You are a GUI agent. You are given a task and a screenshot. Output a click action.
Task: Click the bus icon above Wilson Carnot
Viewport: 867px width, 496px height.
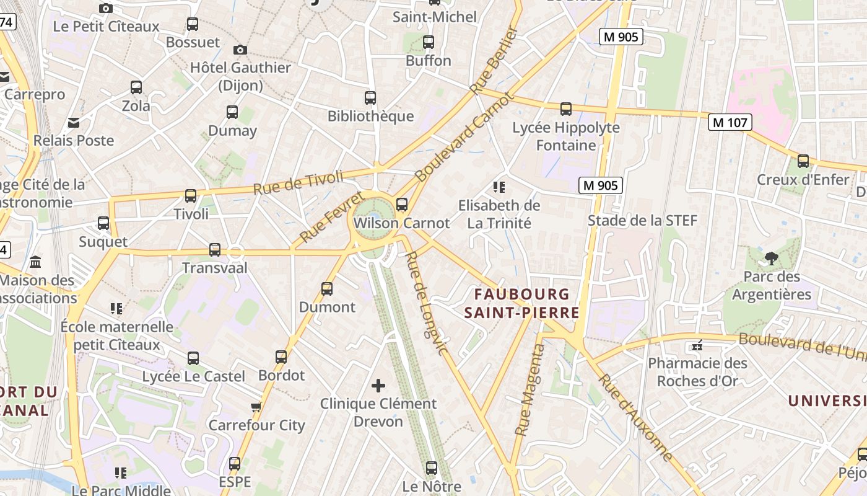point(402,204)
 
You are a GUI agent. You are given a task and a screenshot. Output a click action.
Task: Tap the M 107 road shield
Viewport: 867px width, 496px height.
point(730,122)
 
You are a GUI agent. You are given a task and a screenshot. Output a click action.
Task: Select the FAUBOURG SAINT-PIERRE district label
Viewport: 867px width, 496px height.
point(522,303)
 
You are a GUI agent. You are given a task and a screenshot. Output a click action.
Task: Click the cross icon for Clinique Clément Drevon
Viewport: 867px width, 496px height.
point(378,386)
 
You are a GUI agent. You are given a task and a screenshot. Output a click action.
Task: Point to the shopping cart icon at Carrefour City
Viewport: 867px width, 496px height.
point(256,407)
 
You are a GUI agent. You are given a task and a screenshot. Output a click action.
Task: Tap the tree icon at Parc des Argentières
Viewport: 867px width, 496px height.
point(772,258)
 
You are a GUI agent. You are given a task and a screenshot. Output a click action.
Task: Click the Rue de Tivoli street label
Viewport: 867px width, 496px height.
point(298,182)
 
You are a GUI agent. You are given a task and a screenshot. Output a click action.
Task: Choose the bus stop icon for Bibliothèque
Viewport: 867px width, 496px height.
point(370,98)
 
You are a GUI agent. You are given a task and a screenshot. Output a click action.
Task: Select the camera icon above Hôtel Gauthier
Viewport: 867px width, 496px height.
point(240,50)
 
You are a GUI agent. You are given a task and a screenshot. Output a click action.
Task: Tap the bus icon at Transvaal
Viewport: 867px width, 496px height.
point(215,250)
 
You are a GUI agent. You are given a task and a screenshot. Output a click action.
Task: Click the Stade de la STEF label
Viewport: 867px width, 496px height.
point(642,221)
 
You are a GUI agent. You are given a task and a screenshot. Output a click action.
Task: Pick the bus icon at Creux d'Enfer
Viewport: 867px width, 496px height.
point(803,161)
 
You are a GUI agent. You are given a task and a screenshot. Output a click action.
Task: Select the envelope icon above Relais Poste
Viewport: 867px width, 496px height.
point(74,122)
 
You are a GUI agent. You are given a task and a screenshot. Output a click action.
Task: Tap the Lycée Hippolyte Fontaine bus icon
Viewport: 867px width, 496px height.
point(566,109)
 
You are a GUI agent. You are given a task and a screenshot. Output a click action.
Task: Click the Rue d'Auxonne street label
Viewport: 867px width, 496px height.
point(635,417)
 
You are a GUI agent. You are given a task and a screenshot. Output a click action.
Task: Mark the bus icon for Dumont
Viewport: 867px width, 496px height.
point(327,289)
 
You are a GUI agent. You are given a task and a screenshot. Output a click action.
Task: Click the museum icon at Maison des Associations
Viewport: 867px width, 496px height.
point(35,262)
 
